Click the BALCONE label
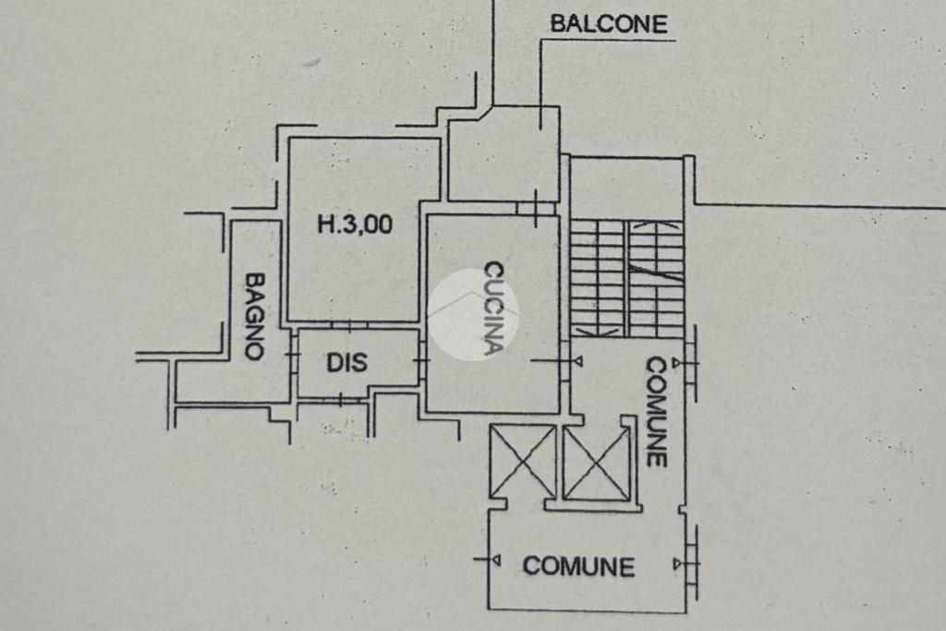pos(608,24)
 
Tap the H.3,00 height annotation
pos(355,224)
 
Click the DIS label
pos(346,362)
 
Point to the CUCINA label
pos(494,309)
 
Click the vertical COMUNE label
pos(656,411)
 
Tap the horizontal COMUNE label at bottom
pos(578,565)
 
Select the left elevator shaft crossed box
pos(522,460)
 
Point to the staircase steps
pos(626,277)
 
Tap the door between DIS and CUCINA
pos(422,360)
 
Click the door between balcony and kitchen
pos(537,209)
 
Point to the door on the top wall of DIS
pos(352,325)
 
